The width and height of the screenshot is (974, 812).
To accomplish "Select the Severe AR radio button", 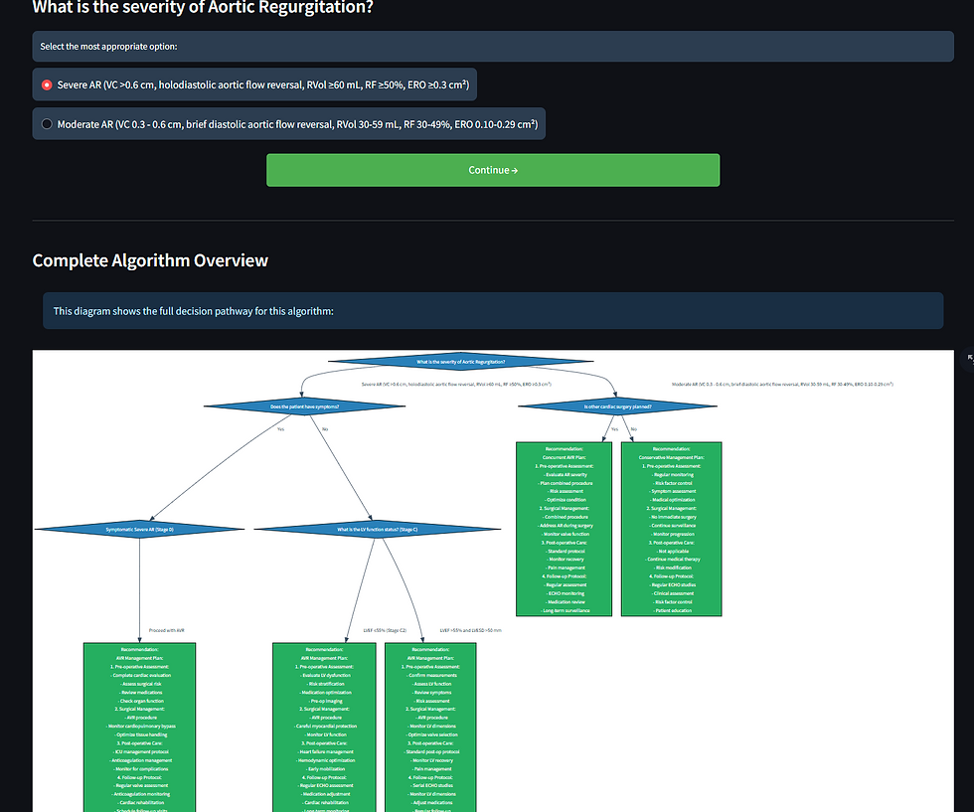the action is click(47, 85).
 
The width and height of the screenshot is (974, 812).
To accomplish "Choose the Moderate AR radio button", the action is click(47, 124).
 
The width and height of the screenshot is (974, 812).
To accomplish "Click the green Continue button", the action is click(492, 170).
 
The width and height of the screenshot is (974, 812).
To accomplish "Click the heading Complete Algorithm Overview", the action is click(150, 260).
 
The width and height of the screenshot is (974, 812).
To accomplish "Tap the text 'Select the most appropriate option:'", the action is click(109, 47).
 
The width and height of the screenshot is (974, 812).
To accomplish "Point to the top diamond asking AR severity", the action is click(460, 362).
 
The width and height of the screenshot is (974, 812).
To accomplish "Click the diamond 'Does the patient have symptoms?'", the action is click(304, 406).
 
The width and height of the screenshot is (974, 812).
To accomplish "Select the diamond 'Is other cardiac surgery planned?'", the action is click(617, 406).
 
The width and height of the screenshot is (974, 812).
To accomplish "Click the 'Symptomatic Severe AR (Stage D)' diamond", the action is click(139, 530).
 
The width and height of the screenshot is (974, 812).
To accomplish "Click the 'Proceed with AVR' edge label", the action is click(167, 630).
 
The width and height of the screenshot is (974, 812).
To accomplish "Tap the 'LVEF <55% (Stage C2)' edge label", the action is click(385, 630).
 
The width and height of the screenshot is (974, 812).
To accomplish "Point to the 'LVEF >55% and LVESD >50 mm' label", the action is click(470, 630).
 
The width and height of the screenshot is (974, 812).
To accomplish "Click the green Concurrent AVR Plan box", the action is click(565, 529).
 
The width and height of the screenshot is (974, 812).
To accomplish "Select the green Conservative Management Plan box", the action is click(671, 529).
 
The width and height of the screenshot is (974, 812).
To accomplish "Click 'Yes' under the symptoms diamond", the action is click(280, 429).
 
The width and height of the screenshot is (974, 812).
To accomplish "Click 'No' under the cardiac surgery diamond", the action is click(633, 429).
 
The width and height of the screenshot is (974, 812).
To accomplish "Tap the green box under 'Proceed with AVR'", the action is click(139, 726).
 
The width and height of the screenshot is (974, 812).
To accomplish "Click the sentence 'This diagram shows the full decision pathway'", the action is click(194, 311).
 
